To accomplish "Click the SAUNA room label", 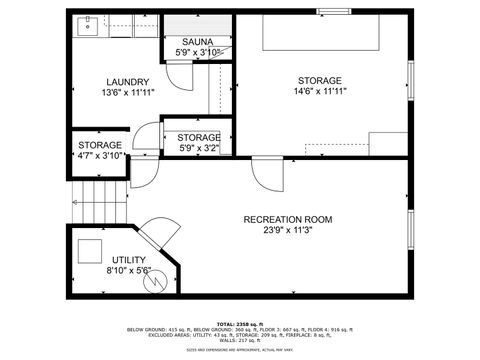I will [195, 42].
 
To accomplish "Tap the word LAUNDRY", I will [128, 82].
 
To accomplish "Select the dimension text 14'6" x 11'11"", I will [319, 91].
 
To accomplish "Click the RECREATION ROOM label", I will [288, 219].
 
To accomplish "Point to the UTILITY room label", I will [129, 259].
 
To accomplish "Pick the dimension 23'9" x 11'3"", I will [288, 230].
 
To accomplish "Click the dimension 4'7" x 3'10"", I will [99, 155].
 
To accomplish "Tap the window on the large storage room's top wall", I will [333, 12].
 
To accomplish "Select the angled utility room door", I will [157, 235].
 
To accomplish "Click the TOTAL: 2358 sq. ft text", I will [239, 324].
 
